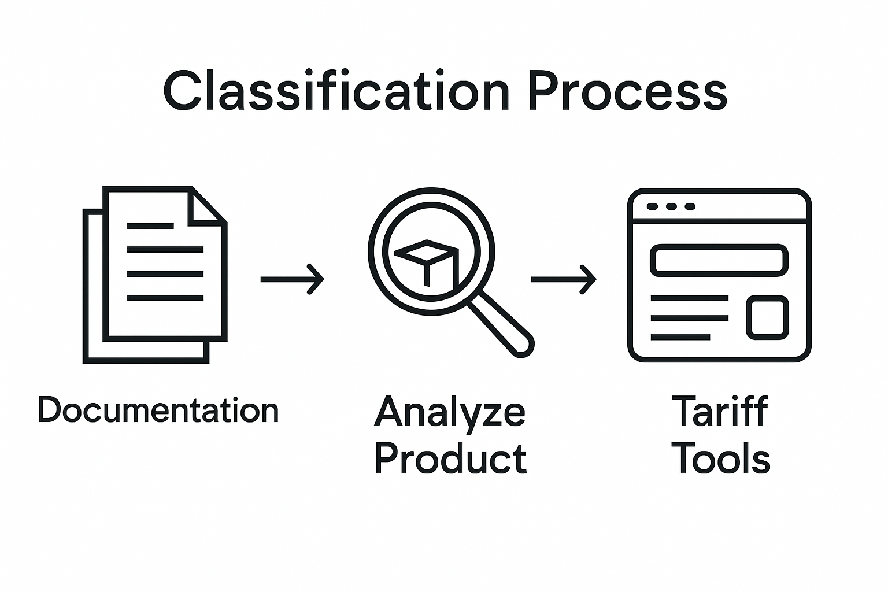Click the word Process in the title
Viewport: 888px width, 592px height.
point(627,91)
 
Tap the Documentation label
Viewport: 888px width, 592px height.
point(158,410)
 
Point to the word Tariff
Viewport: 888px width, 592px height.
point(720,411)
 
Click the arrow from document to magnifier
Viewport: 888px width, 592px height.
point(292,279)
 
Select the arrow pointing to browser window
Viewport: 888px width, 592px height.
point(563,279)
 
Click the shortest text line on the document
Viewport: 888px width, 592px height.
point(150,226)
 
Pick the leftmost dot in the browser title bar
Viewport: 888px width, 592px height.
point(653,206)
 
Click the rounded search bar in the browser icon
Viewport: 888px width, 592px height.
point(719,260)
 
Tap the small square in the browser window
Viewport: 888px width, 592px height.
point(767,317)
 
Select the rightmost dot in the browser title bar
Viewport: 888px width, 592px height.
point(689,206)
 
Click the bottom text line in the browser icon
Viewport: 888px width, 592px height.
point(680,336)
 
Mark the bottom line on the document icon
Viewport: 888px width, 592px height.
point(165,298)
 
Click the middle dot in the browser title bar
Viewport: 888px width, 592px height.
point(671,206)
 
